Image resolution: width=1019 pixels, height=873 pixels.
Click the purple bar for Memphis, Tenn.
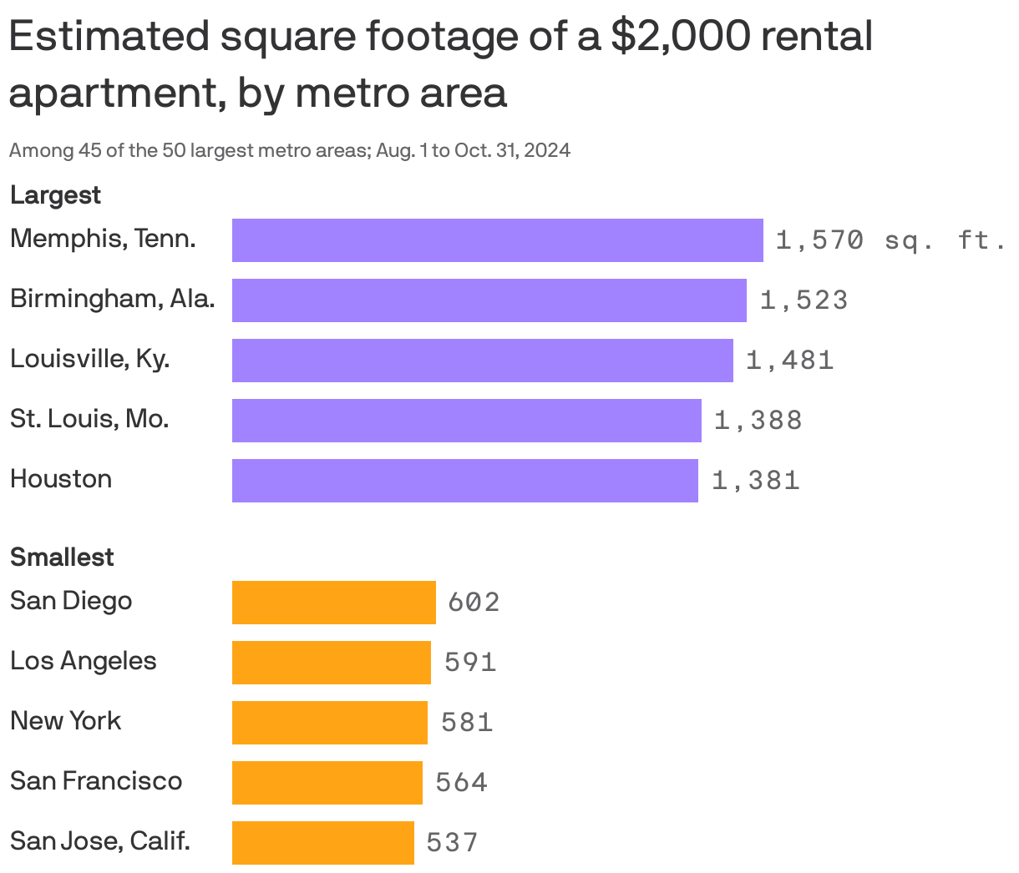click(497, 240)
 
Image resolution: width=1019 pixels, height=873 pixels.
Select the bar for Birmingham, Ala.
click(489, 300)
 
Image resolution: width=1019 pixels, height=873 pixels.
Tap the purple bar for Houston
click(464, 481)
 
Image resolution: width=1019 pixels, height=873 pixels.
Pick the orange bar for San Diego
click(333, 603)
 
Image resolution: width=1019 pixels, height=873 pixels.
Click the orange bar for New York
click(329, 723)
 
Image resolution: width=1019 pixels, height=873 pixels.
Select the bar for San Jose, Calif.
click(322, 843)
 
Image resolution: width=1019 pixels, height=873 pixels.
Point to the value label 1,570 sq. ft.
click(890, 240)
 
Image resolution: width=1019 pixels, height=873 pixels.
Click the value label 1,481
click(789, 361)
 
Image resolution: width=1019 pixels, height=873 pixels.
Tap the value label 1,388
click(758, 421)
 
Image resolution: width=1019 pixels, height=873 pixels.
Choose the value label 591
click(470, 663)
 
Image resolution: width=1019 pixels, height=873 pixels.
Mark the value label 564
click(461, 783)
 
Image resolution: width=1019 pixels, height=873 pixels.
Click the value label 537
click(452, 843)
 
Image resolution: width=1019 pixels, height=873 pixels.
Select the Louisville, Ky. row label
click(89, 359)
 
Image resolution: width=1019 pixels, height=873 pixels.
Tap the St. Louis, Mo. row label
click(89, 419)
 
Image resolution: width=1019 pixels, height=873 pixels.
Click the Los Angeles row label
click(83, 661)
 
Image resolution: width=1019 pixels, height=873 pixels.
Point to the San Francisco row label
click(96, 781)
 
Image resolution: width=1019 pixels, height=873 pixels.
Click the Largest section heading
click(55, 195)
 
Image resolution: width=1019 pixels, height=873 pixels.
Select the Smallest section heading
click(62, 558)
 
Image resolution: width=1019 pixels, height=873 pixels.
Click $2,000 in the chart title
click(678, 38)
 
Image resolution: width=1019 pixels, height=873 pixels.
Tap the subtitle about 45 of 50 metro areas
click(290, 151)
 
